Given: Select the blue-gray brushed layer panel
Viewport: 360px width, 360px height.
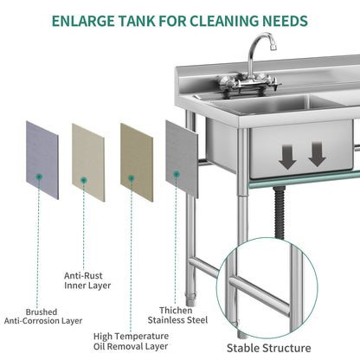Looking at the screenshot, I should tap(42, 159).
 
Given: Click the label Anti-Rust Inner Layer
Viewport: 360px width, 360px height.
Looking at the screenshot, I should tap(87, 279).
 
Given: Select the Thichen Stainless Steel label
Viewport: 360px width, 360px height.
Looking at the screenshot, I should tap(182, 315).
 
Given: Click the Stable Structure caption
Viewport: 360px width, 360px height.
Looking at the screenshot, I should tap(268, 348).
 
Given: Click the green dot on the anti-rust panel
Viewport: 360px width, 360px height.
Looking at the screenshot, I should tap(83, 180).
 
